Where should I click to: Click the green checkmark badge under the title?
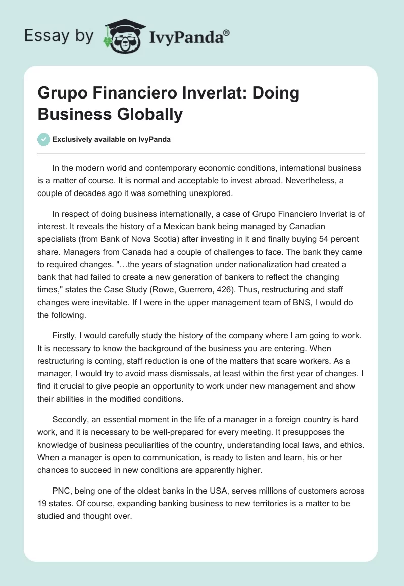(44, 139)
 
